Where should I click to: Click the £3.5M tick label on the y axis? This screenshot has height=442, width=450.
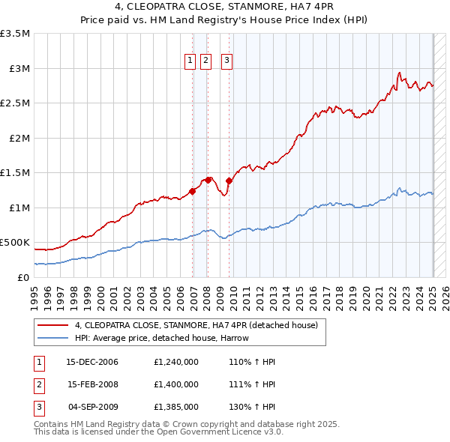tap(16, 34)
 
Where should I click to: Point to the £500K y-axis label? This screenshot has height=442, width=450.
tap(16, 243)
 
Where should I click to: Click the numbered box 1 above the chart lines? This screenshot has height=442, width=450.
tap(190, 61)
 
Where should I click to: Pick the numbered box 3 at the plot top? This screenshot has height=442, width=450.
tap(226, 61)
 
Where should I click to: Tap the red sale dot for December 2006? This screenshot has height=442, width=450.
tap(193, 191)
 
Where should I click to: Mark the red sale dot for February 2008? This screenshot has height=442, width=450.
tap(208, 180)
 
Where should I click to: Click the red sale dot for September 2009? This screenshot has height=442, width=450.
tap(229, 181)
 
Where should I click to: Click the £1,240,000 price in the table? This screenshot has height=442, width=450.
tap(175, 362)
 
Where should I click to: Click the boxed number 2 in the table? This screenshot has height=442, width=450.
tap(38, 384)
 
